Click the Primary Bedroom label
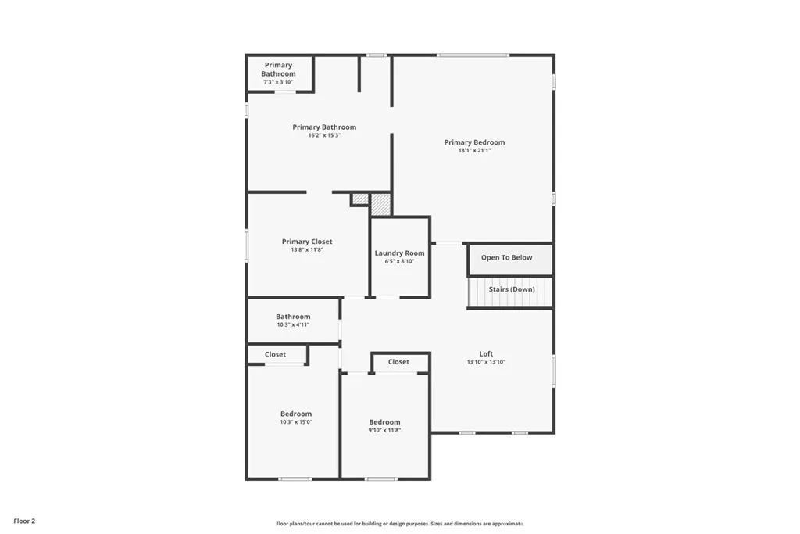tap(474, 142)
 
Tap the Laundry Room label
tap(399, 253)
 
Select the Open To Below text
tap(506, 258)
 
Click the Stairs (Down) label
tap(512, 289)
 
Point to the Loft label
tap(486, 353)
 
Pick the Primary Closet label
tap(307, 242)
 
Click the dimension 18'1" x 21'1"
tap(474, 150)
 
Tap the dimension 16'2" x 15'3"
tap(324, 135)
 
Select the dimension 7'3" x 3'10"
tap(278, 82)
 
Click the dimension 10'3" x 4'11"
tap(293, 324)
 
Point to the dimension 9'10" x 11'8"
tap(384, 430)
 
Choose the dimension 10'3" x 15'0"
tap(296, 422)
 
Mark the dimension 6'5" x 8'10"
tap(399, 261)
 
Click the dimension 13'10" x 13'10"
tap(486, 362)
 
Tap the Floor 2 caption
tap(23, 521)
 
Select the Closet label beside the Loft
tap(398, 362)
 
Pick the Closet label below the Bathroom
tap(275, 354)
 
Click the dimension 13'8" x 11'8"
tap(307, 250)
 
